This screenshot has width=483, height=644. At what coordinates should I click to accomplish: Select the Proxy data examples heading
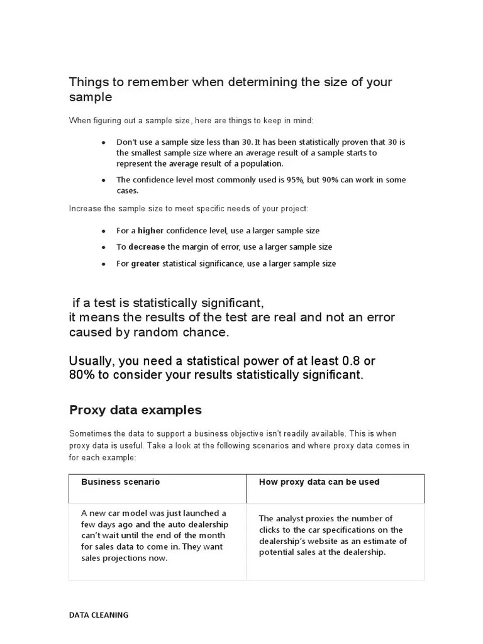pyautogui.click(x=135, y=410)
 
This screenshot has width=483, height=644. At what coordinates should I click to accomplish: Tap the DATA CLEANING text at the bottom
pyautogui.click(x=98, y=615)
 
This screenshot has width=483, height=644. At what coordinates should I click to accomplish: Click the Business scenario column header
pyautogui.click(x=120, y=482)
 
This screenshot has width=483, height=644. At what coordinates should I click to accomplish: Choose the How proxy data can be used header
pyautogui.click(x=319, y=482)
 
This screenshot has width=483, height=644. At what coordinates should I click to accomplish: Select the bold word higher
pyautogui.click(x=150, y=231)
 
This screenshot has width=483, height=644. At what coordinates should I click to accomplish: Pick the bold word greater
pyautogui.click(x=145, y=264)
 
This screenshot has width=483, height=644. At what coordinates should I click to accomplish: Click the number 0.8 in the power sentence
pyautogui.click(x=351, y=361)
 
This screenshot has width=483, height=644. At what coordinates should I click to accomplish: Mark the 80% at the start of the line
pyautogui.click(x=81, y=375)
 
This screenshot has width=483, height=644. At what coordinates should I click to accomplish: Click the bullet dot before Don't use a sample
pyautogui.click(x=103, y=143)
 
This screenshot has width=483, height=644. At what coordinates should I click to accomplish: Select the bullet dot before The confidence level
pyautogui.click(x=103, y=180)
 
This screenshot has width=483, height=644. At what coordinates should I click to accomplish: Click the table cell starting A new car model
pyautogui.click(x=157, y=535)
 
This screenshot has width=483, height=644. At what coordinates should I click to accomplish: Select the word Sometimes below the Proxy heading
pyautogui.click(x=90, y=434)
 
